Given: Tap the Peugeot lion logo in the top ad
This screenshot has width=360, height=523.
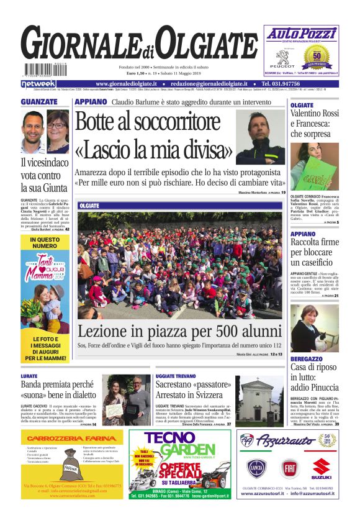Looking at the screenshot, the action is pos(282,57).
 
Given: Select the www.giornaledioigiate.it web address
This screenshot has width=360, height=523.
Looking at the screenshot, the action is pos(127,84).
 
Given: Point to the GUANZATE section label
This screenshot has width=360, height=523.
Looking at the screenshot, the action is pos(38,102).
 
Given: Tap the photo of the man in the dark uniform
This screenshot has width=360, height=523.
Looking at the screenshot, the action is pos(260,137).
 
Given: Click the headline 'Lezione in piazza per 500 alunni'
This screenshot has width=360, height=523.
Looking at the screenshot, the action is pos(179,330).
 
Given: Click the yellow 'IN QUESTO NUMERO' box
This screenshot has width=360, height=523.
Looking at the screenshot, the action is pos(45,242).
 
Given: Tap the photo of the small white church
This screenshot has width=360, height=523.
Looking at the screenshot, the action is pos(259,401).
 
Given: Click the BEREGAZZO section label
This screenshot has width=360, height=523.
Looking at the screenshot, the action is pos(307,359).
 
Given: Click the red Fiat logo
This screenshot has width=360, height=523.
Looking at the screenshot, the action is pos(289,468).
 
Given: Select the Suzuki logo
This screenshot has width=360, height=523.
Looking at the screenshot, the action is pos(322,468).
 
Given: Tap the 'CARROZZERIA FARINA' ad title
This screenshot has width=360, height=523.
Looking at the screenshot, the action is pos(71,439).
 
